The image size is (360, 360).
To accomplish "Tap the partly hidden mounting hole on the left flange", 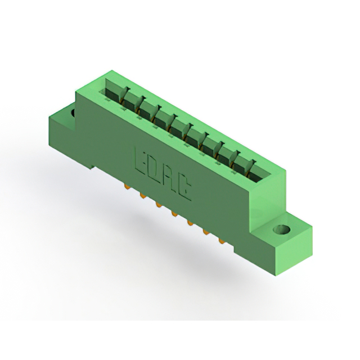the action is pos(73,112).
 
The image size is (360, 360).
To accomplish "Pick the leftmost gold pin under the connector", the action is pos(126,186).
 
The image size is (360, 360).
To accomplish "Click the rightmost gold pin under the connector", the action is pos(222,241).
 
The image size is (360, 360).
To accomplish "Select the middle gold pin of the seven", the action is pos(174,214).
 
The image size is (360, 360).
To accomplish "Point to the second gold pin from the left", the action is pos(142,196).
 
